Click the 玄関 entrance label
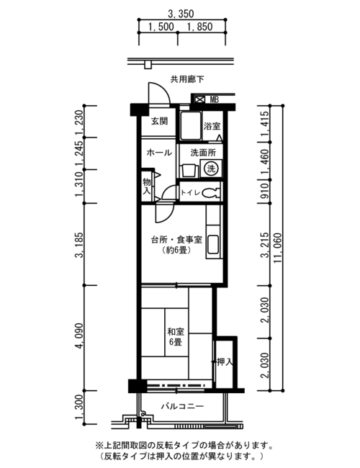click(159, 121)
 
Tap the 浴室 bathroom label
click(212, 126)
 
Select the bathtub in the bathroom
click(191, 126)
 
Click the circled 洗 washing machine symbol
click(211, 168)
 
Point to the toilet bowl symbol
click(210, 192)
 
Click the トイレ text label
click(190, 192)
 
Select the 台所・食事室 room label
click(176, 240)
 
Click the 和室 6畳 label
click(176, 337)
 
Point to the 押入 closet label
click(225, 362)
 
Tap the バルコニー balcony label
click(182, 406)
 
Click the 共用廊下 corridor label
click(187, 79)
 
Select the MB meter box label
click(214, 99)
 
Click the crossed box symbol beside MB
click(199, 99)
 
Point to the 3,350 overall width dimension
click(181, 14)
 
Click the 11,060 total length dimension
click(278, 248)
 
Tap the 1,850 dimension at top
click(199, 27)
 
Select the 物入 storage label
click(147, 186)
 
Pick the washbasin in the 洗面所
click(189, 171)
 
